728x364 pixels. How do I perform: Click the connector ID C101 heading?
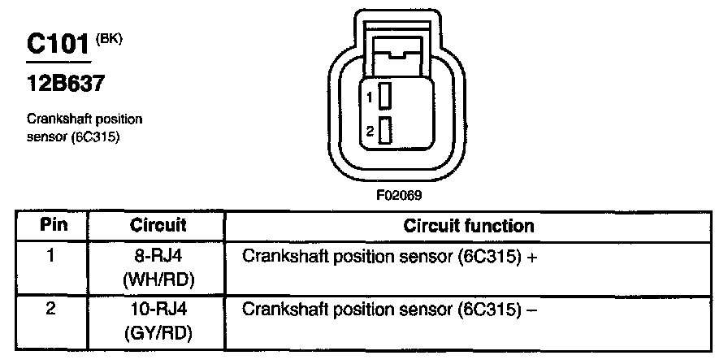coord(57,45)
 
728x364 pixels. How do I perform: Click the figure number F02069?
coord(399,195)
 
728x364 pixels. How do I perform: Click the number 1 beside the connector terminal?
coord(369,97)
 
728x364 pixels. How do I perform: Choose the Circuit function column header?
coord(469,226)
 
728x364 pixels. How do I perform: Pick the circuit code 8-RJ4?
coord(158,257)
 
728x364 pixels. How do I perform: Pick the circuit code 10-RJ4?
coord(158,310)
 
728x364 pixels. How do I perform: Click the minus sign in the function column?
coord(535,310)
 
